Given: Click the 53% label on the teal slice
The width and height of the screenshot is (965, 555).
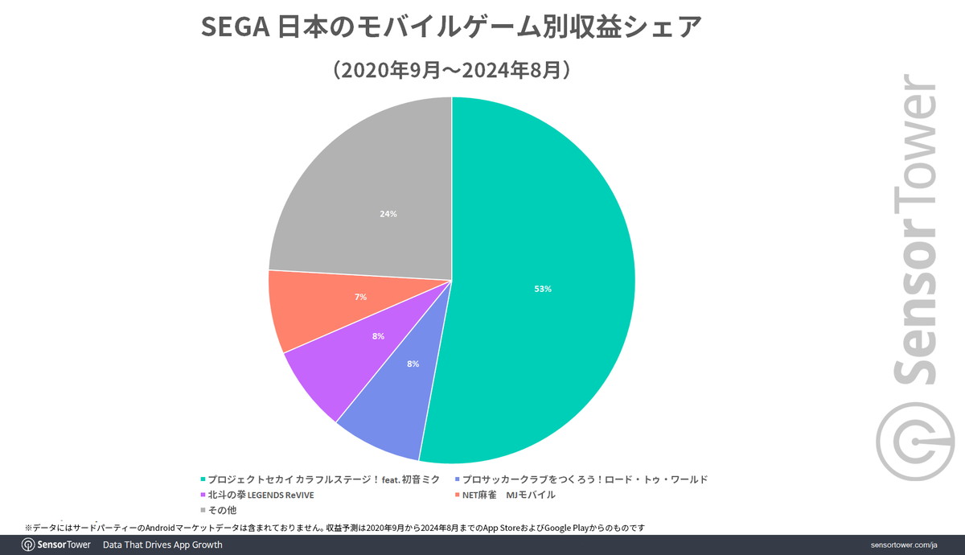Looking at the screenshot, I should (542, 289).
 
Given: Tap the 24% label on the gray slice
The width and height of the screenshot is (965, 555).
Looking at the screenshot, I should (388, 215).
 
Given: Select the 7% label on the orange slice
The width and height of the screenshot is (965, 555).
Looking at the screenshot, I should (361, 297).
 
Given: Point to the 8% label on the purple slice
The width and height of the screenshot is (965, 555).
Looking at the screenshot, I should (378, 335).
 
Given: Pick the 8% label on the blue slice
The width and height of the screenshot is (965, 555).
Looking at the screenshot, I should (413, 364).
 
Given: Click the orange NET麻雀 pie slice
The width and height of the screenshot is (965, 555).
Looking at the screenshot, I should (322, 310).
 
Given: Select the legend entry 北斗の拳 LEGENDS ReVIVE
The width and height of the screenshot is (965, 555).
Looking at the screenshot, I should (257, 495).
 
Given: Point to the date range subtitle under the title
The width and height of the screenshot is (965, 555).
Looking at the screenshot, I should (452, 70).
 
